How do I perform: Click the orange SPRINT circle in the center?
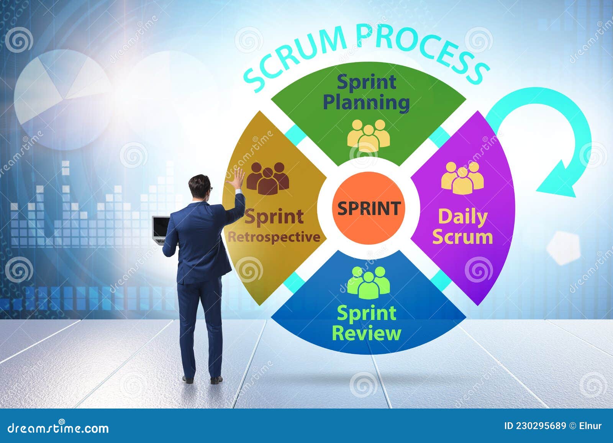368,208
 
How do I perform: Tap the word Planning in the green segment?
366,103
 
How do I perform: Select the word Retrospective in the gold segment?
274,237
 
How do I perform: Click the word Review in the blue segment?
366,333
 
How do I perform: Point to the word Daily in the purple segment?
462,217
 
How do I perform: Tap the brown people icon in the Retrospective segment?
267,178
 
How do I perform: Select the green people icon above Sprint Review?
368,282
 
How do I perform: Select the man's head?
200,188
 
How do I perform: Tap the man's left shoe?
188,379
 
